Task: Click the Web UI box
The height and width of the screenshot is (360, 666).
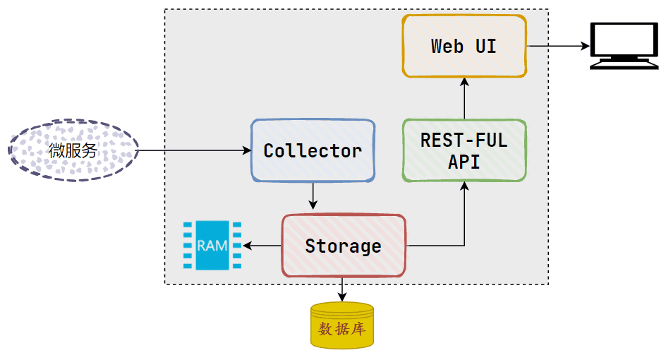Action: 464,46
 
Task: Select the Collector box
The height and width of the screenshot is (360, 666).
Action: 313,150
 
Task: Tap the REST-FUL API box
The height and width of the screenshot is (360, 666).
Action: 464,150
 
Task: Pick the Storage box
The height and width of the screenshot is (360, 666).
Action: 344,246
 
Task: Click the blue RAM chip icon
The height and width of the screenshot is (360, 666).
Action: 212,246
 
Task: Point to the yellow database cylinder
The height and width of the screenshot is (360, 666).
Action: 342,325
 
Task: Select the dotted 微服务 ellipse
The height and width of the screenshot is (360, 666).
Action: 73,150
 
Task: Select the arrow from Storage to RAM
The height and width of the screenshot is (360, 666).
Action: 262,246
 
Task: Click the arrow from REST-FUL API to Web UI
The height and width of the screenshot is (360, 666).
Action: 464,99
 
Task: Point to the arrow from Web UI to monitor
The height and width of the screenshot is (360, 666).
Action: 557,47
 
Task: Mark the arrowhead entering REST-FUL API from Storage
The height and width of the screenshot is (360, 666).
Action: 464,186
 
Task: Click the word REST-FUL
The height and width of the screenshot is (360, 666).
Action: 464,140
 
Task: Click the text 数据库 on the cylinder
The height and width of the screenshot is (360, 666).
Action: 342,329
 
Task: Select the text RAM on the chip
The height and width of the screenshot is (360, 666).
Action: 212,246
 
